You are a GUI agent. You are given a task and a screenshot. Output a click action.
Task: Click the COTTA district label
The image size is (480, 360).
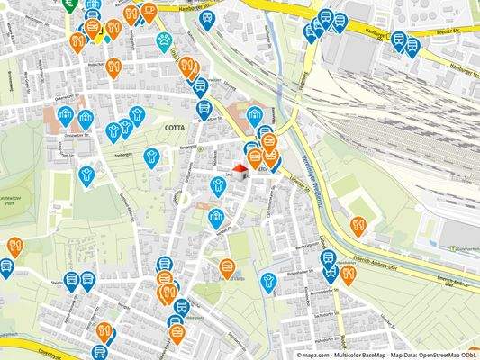click(175, 129)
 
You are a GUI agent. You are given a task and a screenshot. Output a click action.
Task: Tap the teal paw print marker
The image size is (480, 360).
click(164, 40)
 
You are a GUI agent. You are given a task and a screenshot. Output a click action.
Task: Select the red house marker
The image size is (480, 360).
click(240, 169)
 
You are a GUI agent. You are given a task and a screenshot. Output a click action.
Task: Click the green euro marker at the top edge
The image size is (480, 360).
click(69, 3)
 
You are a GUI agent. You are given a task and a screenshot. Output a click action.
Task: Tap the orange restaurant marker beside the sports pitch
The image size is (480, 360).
click(358, 225)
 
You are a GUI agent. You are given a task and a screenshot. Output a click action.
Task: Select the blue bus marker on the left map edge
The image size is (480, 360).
click(5, 266)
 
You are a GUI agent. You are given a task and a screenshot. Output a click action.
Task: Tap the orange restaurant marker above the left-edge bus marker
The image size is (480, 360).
click(14, 246)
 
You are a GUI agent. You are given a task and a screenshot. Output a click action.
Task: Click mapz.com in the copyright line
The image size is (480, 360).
click(313, 354)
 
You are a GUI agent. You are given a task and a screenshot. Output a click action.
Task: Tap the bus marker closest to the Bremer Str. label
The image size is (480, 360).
click(412, 45)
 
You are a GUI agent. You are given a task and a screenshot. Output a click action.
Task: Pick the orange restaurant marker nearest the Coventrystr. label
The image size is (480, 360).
click(104, 332)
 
